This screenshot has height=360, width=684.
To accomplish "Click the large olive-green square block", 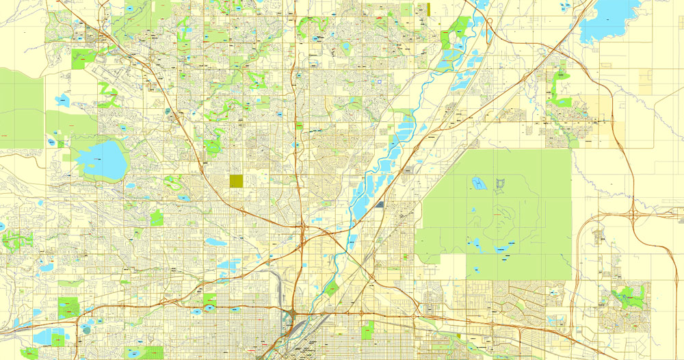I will pos(237,181).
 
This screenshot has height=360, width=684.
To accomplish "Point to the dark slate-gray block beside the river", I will pos(380,204).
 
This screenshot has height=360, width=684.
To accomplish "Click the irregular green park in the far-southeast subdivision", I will pos(626,298).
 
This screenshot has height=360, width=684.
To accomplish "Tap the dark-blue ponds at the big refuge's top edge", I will pos(478,183).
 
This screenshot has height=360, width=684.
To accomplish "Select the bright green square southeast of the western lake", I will pos(157,218).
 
